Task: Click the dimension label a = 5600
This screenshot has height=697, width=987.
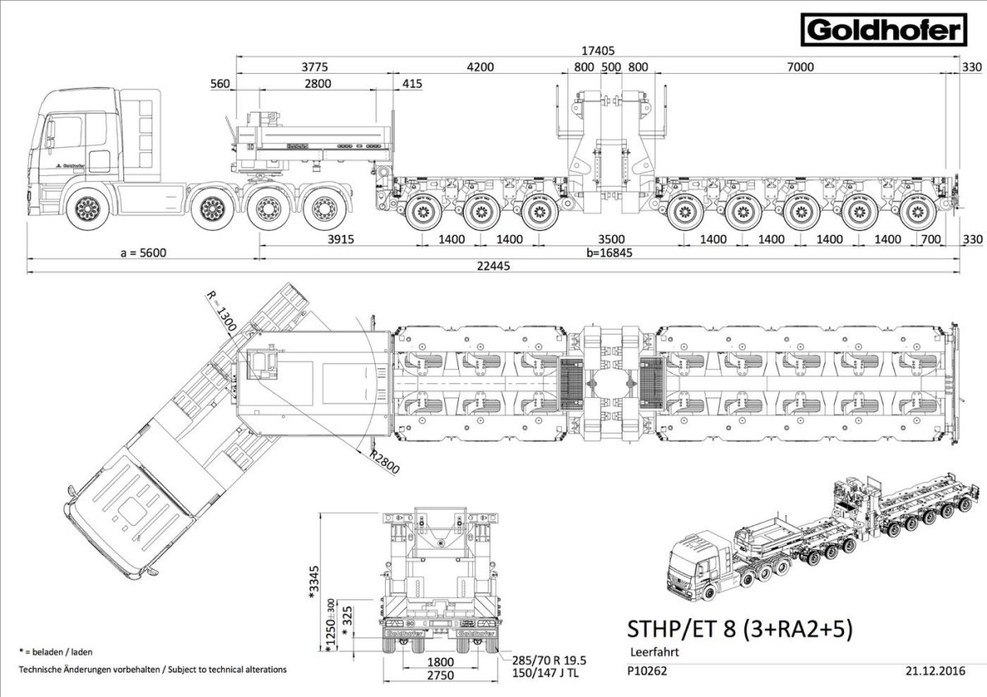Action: point(143,252)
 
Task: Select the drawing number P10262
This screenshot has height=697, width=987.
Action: point(646,670)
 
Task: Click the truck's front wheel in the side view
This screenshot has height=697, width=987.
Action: point(86,212)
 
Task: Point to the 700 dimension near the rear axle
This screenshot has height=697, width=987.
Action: point(931,239)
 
